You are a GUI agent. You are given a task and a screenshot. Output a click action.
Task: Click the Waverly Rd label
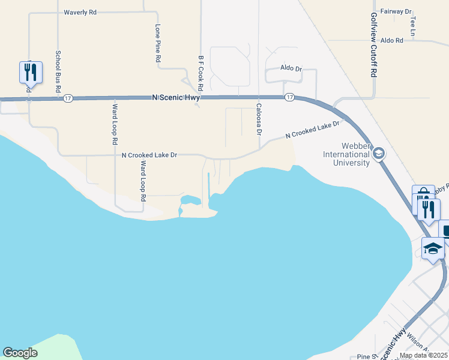click(x=80, y=12)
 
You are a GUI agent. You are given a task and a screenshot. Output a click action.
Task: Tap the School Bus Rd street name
click(x=59, y=70)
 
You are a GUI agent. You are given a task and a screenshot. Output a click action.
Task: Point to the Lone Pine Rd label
click(x=158, y=44)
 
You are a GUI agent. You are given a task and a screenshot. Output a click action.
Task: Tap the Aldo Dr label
click(x=291, y=68)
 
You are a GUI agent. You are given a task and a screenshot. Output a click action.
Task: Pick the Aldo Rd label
click(x=391, y=40)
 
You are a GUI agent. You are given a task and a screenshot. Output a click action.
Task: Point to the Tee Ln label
click(x=413, y=25)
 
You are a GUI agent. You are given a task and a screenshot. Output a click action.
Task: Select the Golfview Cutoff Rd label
click(x=373, y=44)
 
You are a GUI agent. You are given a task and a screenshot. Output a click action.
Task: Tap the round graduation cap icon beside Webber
click(x=378, y=154)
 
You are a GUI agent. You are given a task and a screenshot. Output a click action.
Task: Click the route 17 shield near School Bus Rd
click(x=68, y=98)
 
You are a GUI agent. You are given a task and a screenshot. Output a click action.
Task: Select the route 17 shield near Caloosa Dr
click(x=290, y=97)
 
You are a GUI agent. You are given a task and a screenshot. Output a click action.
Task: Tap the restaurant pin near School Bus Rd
click(x=29, y=73)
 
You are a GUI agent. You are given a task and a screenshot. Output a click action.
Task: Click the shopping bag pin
click(x=423, y=196)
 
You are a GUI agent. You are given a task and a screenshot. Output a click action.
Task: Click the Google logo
click(x=20, y=353)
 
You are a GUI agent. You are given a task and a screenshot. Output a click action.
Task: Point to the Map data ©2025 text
click(x=423, y=355)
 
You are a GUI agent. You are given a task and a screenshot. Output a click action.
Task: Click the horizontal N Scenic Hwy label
click(x=176, y=97)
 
